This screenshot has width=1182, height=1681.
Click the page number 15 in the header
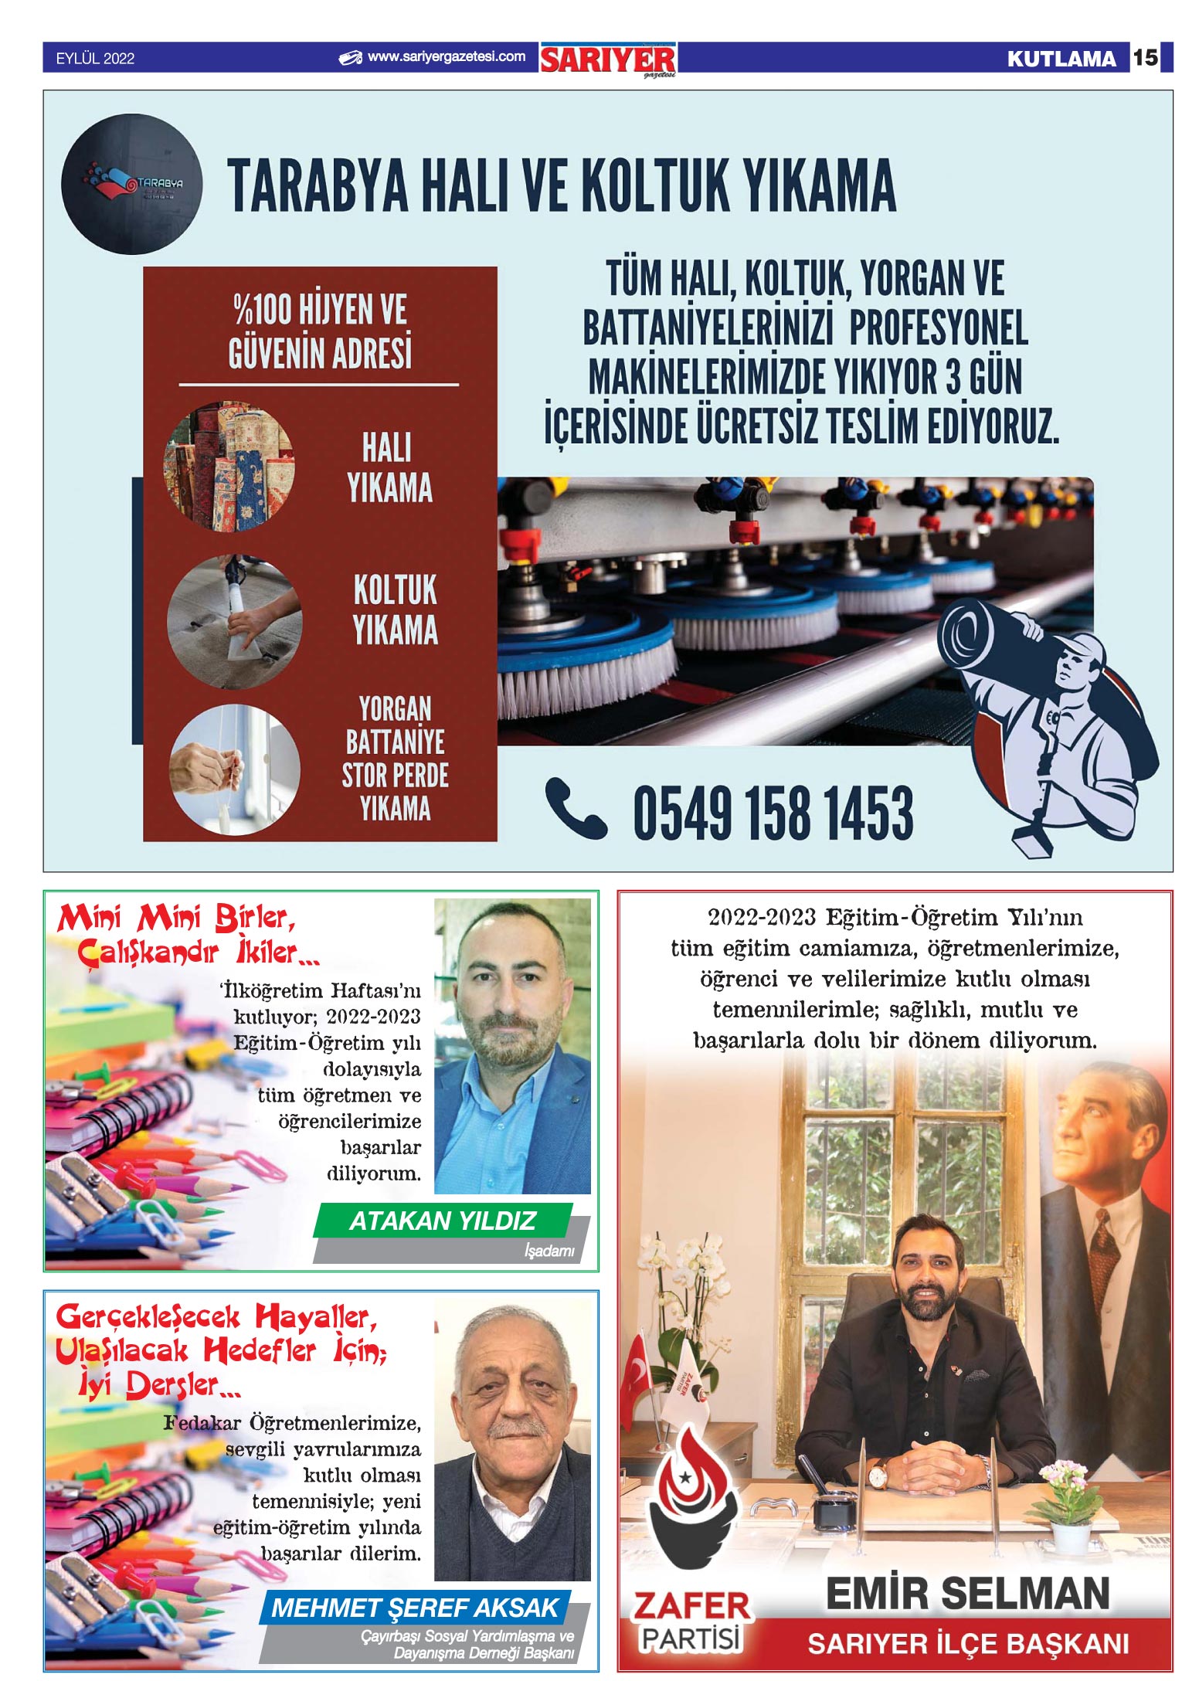coord(1145,57)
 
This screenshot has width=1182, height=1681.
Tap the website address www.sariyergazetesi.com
coord(446,56)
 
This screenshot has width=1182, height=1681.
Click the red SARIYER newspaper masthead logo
coord(607,59)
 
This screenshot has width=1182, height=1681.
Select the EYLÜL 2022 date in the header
coord(95,59)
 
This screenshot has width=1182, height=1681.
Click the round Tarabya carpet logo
coord(131,185)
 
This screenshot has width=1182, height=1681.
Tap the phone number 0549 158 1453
coord(773,813)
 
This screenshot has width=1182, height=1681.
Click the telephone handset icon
coord(575,808)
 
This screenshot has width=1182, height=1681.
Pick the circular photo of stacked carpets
coord(229,466)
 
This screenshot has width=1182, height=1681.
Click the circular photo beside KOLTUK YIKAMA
coord(234,622)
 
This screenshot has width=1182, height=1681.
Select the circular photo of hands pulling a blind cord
coord(234,769)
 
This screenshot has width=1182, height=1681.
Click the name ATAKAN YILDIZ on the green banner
coord(442,1221)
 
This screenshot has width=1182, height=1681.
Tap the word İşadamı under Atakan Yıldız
coord(549,1251)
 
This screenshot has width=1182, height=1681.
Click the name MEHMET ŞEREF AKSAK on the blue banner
coord(415,1608)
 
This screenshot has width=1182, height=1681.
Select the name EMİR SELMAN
coord(967,1594)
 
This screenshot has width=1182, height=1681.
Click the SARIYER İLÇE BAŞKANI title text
coord(967,1644)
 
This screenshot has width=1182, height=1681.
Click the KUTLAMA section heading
coord(1061,59)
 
